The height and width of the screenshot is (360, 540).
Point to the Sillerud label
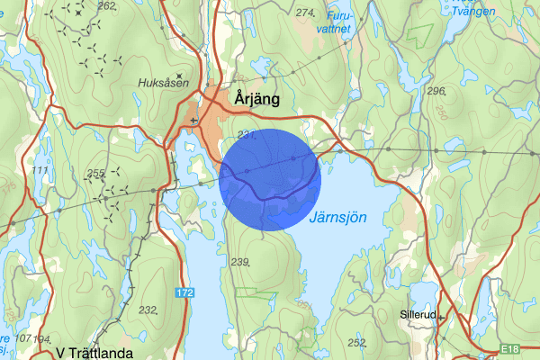click(x=418, y=316)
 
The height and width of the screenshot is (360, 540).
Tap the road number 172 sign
click(x=185, y=293)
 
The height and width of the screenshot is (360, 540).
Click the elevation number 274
click(x=305, y=13)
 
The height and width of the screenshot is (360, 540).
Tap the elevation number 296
click(x=436, y=92)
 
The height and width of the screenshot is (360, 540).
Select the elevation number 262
click(x=106, y=6)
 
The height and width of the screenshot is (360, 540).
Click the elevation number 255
click(x=95, y=172)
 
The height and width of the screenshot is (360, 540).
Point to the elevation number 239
click(x=238, y=262)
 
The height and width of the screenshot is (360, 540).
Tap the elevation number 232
click(x=148, y=310)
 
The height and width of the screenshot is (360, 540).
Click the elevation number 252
click(x=356, y=342)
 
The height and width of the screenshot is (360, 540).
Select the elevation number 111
click(x=39, y=170)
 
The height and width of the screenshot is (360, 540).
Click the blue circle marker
click(x=270, y=179)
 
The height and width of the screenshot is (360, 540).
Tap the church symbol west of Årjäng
click(x=193, y=119)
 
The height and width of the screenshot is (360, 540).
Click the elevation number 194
click(x=40, y=338)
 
